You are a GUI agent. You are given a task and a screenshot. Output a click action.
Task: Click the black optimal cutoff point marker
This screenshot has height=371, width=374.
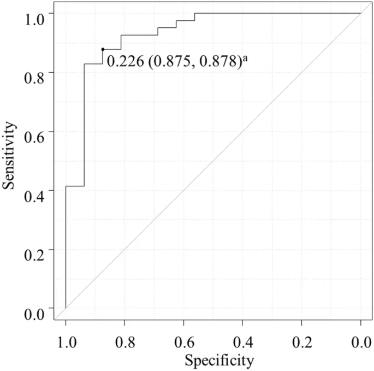tap(103, 49)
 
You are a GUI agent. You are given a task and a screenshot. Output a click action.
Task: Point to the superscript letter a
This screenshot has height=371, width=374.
tap(246, 58)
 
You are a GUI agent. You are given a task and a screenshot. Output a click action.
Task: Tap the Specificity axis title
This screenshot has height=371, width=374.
tap(219, 360)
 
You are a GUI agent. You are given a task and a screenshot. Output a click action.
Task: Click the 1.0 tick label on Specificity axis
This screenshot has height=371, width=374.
tap(66, 341)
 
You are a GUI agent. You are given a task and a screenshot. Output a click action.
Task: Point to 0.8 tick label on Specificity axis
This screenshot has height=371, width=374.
tap(124, 341)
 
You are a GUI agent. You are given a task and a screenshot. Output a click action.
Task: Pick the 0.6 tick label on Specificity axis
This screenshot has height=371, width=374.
tap(183, 341)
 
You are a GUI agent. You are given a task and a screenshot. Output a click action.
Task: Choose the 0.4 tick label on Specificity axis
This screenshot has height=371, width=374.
tap(242, 341)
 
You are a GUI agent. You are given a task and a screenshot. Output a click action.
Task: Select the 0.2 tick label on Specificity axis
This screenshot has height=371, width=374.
tap(301, 341)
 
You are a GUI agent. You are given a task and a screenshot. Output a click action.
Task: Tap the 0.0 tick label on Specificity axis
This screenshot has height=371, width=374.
tap(360, 341)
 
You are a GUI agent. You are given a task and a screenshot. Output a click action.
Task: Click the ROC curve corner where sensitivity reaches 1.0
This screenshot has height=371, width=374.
tap(195, 13)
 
